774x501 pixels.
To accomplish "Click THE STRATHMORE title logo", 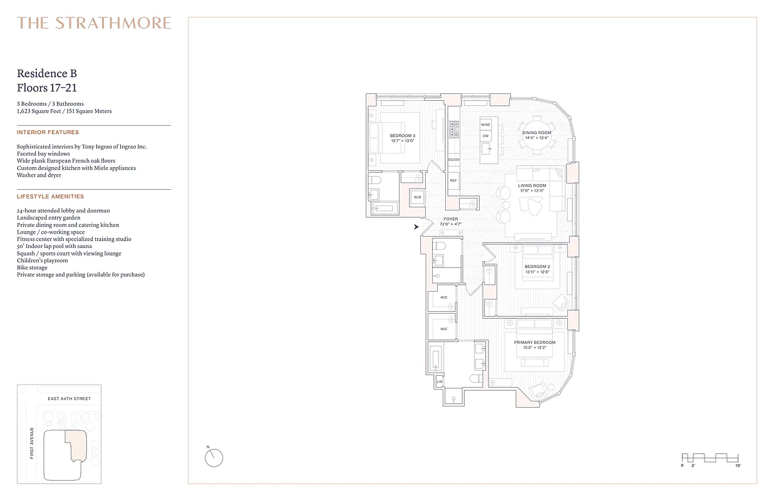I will pyautogui.click(x=94, y=23).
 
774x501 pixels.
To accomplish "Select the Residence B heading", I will pyautogui.click(x=47, y=74).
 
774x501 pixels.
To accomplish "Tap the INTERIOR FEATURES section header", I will pyautogui.click(x=48, y=133).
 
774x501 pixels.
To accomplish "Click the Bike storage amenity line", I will pyautogui.click(x=32, y=267).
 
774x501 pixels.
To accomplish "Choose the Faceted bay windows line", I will pyautogui.click(x=43, y=154).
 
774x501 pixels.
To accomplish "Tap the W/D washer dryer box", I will pyautogui.click(x=418, y=197).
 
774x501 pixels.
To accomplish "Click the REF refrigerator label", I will pyautogui.click(x=453, y=180).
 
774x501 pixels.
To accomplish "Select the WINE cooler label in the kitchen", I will pyautogui.click(x=485, y=125).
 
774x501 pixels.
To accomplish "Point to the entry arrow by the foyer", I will pyautogui.click(x=416, y=227).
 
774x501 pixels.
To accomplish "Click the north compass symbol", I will pyautogui.click(x=214, y=458).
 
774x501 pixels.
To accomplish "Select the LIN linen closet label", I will pyautogui.click(x=439, y=381).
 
